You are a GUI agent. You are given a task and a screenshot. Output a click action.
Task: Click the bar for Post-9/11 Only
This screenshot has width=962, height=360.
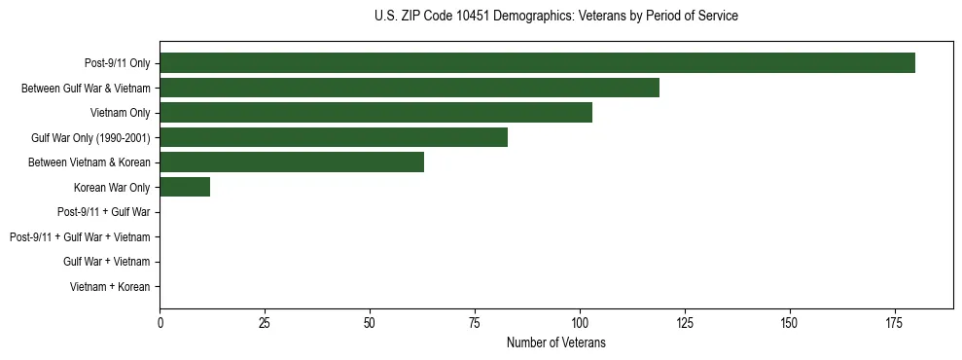[537, 63]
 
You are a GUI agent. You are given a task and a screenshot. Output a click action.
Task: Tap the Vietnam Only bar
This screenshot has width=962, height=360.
[375, 113]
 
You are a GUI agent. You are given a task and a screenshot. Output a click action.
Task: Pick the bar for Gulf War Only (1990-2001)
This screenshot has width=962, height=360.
[334, 138]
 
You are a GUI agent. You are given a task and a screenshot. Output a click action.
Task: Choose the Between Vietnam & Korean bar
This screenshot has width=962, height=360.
[292, 162]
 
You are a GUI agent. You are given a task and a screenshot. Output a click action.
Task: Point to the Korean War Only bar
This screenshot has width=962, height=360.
[185, 188]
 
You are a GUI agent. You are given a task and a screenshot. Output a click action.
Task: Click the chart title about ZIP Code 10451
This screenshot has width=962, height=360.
[555, 17]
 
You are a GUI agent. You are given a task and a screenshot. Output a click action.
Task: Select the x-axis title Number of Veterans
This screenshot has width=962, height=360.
[555, 342]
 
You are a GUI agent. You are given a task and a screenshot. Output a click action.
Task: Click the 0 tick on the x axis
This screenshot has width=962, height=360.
[160, 322]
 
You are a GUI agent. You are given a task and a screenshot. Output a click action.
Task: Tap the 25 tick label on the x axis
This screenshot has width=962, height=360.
[265, 322]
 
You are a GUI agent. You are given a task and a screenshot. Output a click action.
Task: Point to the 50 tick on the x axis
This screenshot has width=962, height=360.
[370, 322]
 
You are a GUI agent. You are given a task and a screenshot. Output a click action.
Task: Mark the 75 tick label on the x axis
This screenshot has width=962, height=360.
[475, 322]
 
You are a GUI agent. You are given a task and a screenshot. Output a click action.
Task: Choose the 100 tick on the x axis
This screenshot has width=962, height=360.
[580, 322]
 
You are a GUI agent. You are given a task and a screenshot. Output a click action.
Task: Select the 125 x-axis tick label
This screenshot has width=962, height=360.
[685, 322]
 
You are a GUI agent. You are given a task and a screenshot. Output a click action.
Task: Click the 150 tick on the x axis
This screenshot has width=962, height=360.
[790, 322]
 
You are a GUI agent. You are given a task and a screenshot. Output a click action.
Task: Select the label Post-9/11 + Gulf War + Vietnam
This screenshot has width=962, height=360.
[80, 237]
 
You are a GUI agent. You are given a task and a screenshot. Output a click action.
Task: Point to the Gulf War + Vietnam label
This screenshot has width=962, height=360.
[107, 262]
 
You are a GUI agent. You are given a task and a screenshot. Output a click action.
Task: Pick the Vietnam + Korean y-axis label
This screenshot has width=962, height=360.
[110, 287]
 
